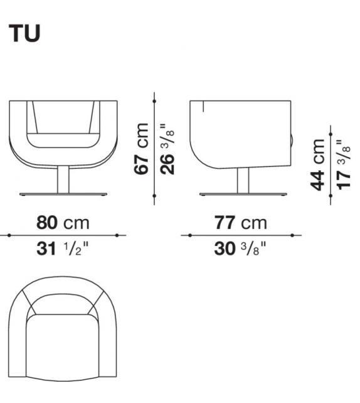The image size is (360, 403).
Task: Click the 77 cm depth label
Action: (241, 222)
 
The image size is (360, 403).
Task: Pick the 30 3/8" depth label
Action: (241, 249)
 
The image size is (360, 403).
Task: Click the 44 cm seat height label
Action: (319, 164)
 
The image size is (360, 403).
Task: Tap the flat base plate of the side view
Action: (242, 194)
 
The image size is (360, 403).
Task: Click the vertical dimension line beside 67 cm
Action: (154, 148)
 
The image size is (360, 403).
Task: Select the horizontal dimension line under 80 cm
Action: (63, 235)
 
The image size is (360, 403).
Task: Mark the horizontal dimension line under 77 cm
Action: (241, 235)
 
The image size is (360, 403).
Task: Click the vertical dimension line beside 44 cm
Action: (331, 164)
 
